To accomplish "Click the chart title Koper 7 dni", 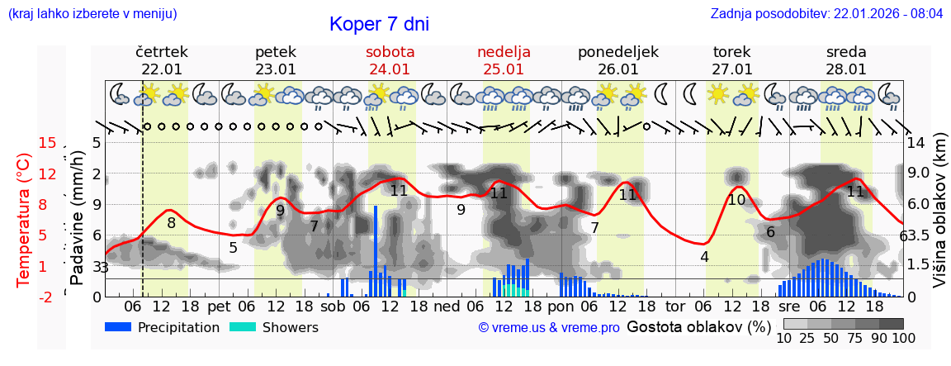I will pyautogui.click(x=379, y=24).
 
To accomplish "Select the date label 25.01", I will pyautogui.click(x=504, y=69).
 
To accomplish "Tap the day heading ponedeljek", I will pyautogui.click(x=617, y=52).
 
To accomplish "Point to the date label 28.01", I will pyautogui.click(x=846, y=69).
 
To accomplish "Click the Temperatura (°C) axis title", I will pyautogui.click(x=24, y=220).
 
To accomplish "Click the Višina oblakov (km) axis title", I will pyautogui.click(x=939, y=220).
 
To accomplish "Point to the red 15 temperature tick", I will pyautogui.click(x=48, y=143).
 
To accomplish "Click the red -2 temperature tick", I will pyautogui.click(x=46, y=297).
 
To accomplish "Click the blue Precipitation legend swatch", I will pyautogui.click(x=119, y=327).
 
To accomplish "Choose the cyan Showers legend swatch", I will pyautogui.click(x=243, y=327).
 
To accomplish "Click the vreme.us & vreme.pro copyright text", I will pyautogui.click(x=549, y=327).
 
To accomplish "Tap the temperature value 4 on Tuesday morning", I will pyautogui.click(x=704, y=256).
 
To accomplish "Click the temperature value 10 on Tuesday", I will pyautogui.click(x=736, y=199).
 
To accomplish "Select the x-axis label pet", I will pyautogui.click(x=219, y=306).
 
